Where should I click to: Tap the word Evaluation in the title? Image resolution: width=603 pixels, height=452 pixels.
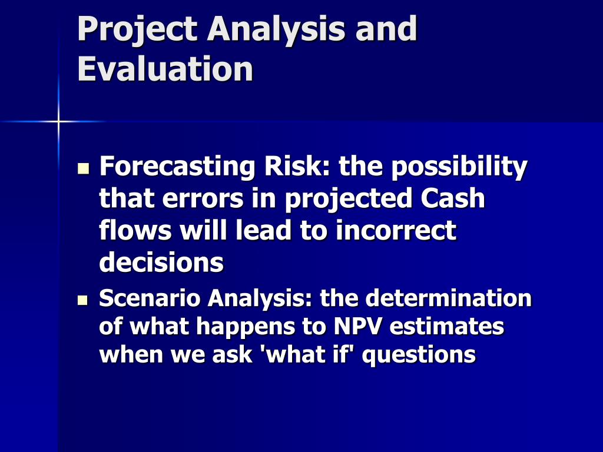[x=165, y=69]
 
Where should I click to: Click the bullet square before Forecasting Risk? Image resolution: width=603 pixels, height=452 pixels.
[x=82, y=169]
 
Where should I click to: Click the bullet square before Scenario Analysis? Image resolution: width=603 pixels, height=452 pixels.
[x=82, y=301]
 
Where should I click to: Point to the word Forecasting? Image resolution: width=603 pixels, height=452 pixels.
[x=177, y=167]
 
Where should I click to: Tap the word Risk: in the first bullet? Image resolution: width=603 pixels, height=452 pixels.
[x=297, y=167]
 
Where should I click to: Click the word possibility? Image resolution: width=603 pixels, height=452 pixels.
[x=459, y=167]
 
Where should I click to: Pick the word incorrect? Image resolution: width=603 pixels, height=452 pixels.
[x=396, y=230]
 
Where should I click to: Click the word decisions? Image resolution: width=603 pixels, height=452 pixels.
[x=161, y=262]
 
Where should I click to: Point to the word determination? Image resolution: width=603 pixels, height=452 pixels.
[x=448, y=298]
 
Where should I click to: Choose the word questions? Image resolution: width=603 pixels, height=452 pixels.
[x=419, y=355]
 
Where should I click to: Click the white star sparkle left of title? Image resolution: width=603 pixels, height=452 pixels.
[x=58, y=121]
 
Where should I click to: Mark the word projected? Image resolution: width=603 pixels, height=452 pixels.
[x=350, y=198]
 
